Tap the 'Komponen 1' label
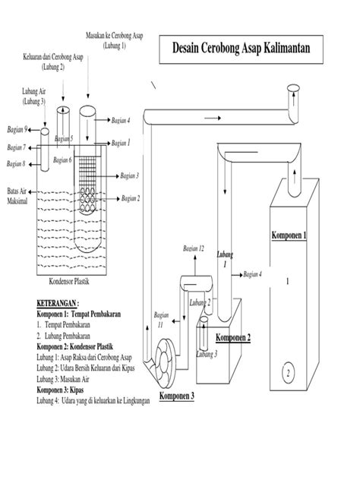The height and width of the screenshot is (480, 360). point(288,236)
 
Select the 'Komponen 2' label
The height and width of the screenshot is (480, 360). point(233,337)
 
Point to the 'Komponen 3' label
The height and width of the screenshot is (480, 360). point(176,396)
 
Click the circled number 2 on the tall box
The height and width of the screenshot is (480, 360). point(288,373)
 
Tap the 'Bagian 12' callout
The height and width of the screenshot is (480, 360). point(194,248)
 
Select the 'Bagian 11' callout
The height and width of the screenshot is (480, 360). point(160,319)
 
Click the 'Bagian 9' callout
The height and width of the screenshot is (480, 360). point(16,129)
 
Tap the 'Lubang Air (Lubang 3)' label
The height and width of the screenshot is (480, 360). point(33,96)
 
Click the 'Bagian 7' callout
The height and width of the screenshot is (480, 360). point(16,147)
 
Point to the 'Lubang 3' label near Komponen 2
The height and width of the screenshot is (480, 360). point(207,354)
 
